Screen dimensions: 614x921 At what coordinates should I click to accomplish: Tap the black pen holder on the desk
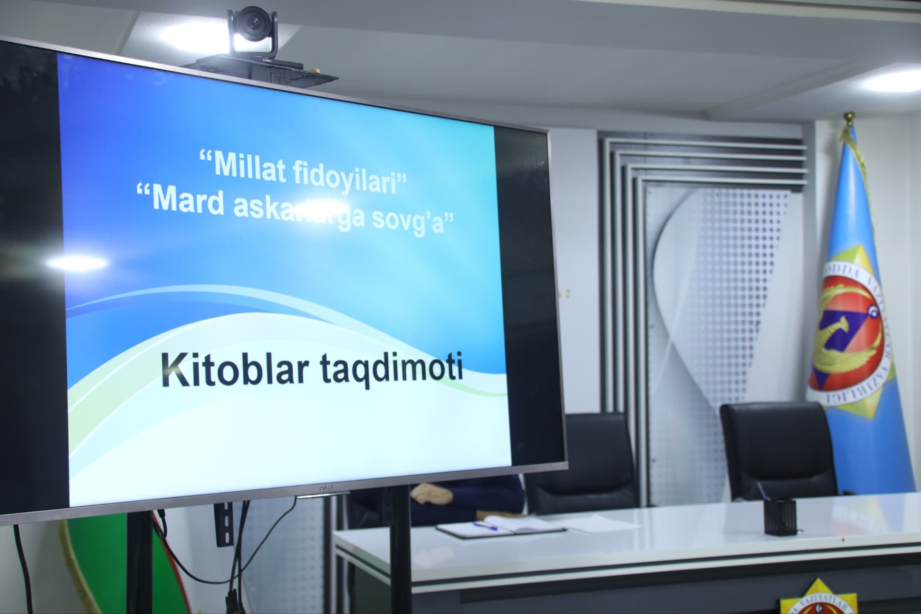point(779,517)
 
